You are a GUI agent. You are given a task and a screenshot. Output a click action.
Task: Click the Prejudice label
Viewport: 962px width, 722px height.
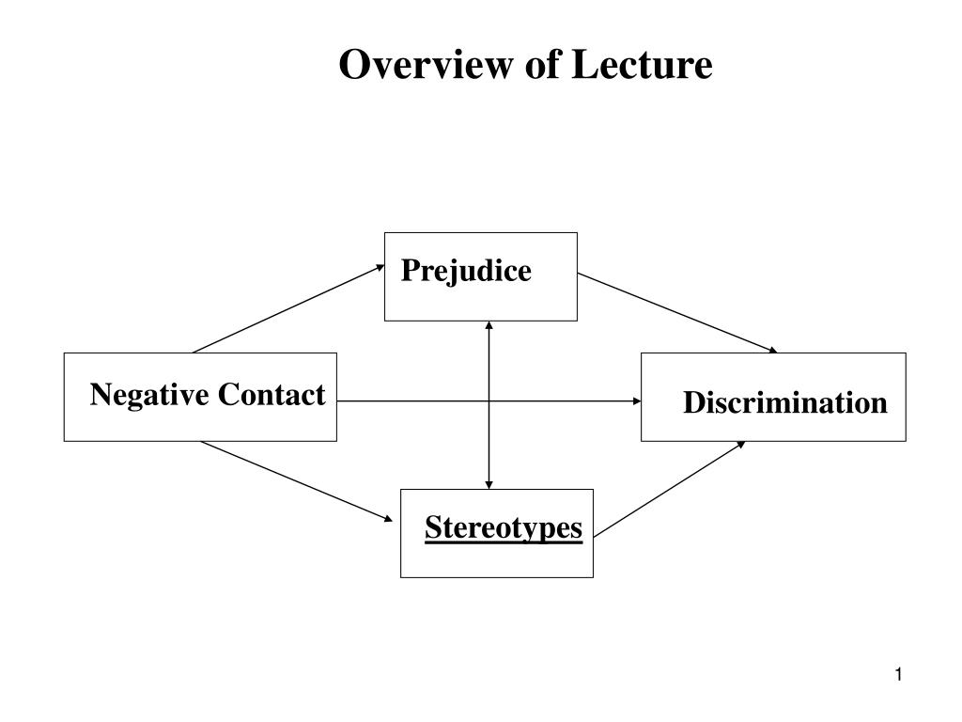click(x=466, y=272)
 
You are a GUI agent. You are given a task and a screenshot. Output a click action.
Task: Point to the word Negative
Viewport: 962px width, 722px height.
click(x=149, y=395)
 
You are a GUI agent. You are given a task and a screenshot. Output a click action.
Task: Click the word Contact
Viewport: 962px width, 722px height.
click(x=272, y=395)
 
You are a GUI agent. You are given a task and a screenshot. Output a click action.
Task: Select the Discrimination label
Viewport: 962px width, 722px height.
click(x=784, y=403)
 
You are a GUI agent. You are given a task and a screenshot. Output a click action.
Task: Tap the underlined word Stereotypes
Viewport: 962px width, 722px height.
click(x=504, y=527)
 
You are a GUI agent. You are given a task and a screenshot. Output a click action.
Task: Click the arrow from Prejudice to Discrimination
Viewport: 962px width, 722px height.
click(x=677, y=313)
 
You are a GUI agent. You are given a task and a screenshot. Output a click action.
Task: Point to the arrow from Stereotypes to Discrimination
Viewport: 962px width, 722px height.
click(x=669, y=489)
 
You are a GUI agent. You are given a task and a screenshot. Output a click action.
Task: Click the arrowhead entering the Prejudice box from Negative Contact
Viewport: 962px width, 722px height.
click(x=380, y=266)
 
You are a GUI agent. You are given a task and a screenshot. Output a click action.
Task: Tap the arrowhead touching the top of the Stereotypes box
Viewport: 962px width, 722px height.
click(x=489, y=484)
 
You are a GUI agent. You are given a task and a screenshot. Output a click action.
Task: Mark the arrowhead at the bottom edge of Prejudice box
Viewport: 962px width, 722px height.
click(x=489, y=326)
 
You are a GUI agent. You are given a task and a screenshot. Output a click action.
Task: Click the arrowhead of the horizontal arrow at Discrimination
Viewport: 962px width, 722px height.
click(x=636, y=400)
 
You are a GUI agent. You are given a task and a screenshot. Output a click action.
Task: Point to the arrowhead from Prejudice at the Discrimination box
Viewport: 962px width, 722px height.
click(x=773, y=351)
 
